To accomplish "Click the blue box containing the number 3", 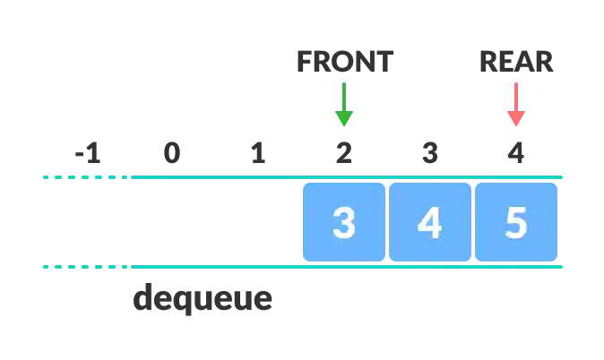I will pyautogui.click(x=344, y=222).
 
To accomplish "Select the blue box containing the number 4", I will pyautogui.click(x=430, y=222).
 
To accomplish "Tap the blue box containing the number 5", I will pyautogui.click(x=516, y=222).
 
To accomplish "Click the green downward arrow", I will pyautogui.click(x=343, y=104).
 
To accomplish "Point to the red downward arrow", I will pyautogui.click(x=515, y=104).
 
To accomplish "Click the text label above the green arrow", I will pyautogui.click(x=344, y=61).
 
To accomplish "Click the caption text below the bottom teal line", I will pyautogui.click(x=200, y=300).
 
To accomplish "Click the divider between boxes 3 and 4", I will pyautogui.click(x=387, y=222).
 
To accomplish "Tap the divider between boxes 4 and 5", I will pyautogui.click(x=473, y=222).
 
